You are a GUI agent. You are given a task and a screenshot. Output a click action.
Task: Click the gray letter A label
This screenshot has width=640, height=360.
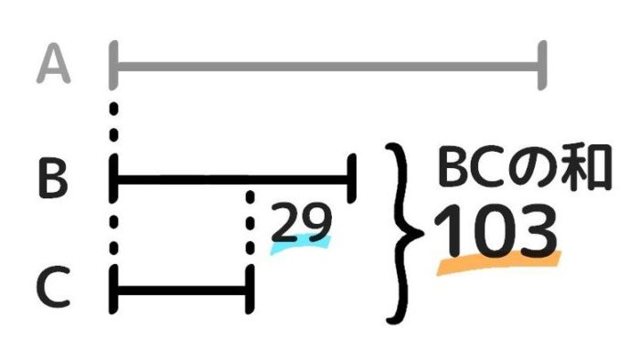click(53, 65)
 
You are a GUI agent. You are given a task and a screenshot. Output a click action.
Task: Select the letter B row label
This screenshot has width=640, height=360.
click(53, 179)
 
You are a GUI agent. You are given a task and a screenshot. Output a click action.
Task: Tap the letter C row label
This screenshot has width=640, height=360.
click(53, 287)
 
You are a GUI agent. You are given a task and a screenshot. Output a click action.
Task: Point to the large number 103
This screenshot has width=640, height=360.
click(496, 231)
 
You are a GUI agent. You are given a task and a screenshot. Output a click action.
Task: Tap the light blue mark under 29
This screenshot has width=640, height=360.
click(300, 245)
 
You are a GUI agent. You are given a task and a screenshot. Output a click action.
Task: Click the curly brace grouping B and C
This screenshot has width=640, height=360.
click(404, 233)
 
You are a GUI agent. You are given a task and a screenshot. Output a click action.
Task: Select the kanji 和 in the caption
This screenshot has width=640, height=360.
click(588, 167)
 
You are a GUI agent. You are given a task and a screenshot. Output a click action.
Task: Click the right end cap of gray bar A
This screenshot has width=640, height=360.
click(542, 65)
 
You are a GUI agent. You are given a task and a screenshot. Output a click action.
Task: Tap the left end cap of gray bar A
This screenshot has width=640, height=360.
click(113, 65)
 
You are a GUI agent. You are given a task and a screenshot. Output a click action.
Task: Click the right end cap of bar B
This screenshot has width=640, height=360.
click(351, 178)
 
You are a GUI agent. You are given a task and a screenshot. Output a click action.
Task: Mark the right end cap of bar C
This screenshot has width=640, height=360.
click(250, 290)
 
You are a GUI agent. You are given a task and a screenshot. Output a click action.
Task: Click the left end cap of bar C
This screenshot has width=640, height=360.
click(113, 290)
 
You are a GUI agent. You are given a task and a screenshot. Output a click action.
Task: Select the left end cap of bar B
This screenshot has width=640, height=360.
click(113, 178)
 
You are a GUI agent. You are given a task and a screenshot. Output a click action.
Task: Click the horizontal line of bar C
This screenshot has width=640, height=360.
click(181, 290)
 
